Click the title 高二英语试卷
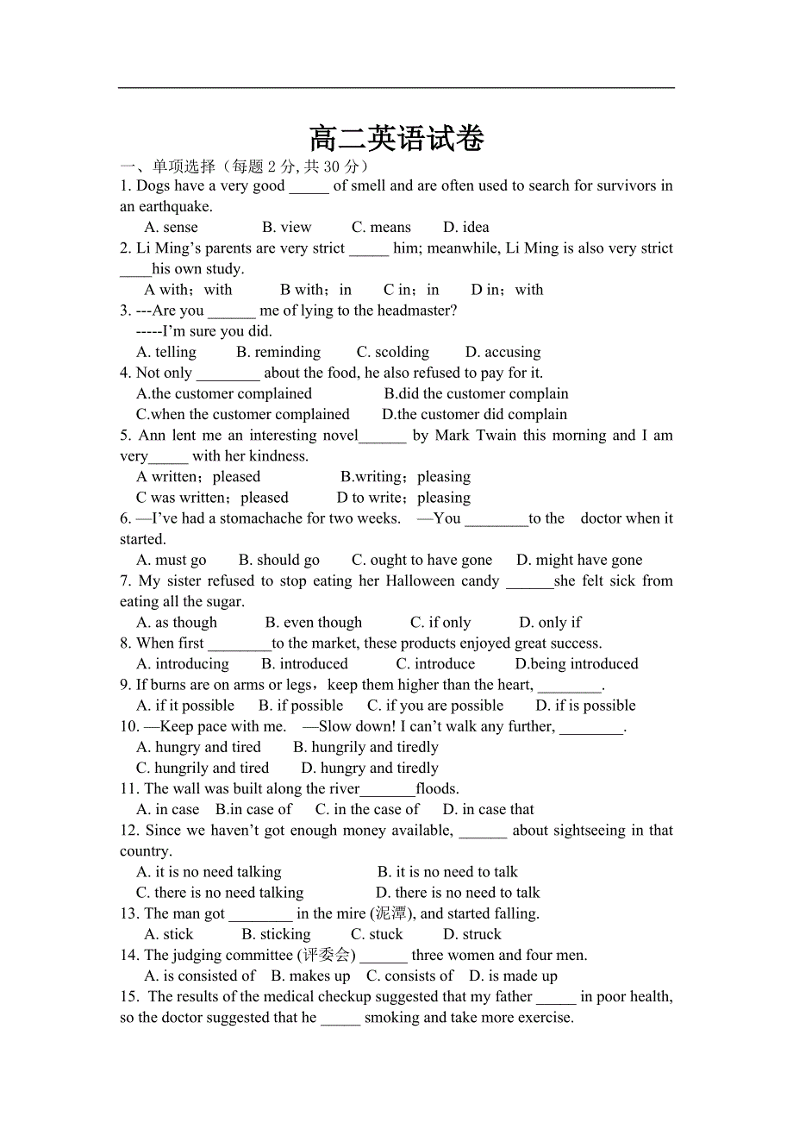(x=396, y=139)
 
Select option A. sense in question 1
(x=171, y=228)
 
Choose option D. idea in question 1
(x=465, y=228)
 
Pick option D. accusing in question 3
(x=503, y=352)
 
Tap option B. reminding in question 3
(x=278, y=352)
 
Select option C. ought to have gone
(x=421, y=560)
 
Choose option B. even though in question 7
(x=314, y=623)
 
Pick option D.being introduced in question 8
(x=577, y=664)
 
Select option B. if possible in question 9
(x=301, y=706)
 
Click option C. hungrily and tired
(x=203, y=768)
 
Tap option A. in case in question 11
(x=168, y=809)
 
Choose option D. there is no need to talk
(x=458, y=893)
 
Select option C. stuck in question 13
(x=377, y=934)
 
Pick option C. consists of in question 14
(x=409, y=976)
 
